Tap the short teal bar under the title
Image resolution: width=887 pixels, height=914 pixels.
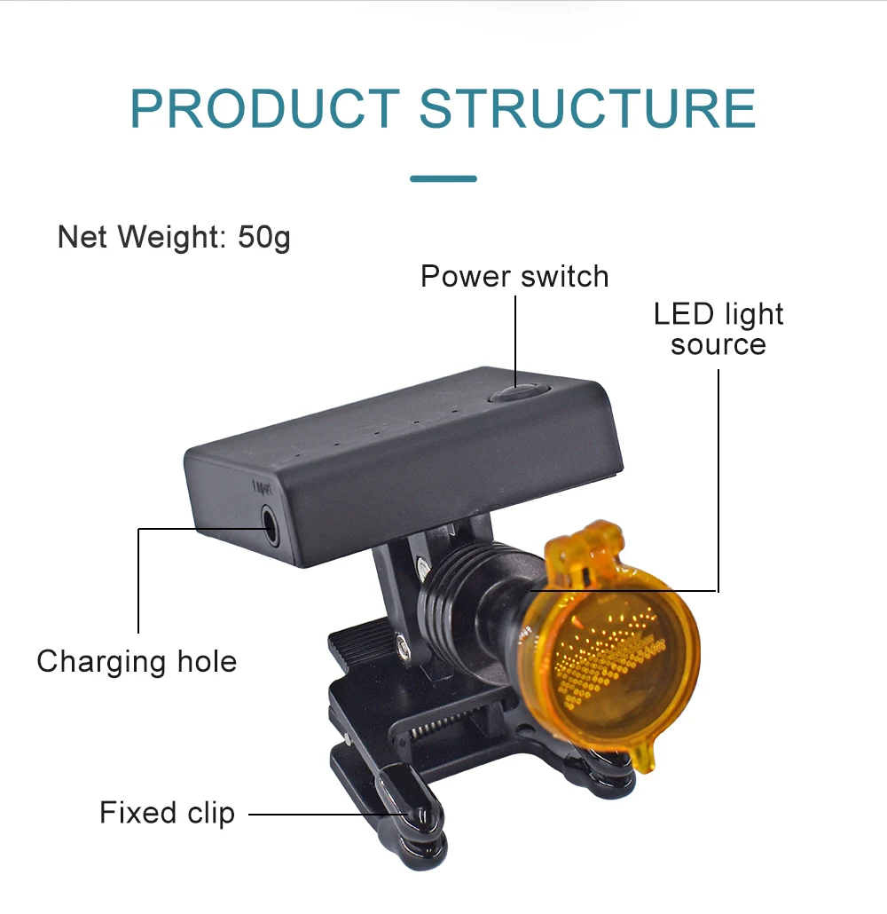pos(443,178)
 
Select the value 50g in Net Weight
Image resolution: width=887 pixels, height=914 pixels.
pos(264,238)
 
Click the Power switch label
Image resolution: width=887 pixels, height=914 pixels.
pos(514,276)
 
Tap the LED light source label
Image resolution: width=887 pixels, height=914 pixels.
pos(718,329)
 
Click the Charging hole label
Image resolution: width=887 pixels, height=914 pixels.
pos(137,661)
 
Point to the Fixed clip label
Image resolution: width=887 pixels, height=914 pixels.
pos(167,812)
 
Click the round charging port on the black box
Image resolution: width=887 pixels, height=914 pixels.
pos(267,524)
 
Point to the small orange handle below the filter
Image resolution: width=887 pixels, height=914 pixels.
pos(645,757)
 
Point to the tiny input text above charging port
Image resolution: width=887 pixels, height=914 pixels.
pos(261,486)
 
